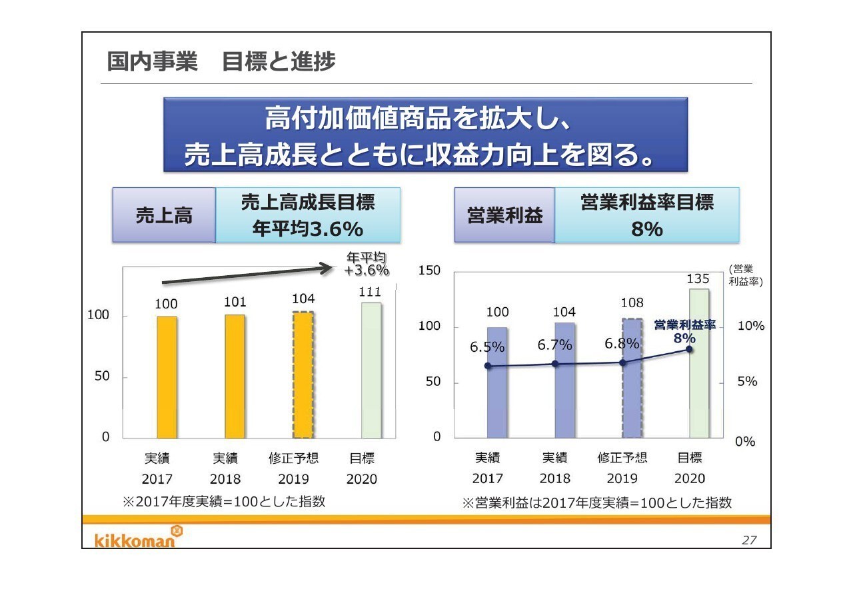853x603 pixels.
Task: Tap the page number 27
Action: pos(749,540)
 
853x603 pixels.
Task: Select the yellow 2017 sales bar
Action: pos(167,377)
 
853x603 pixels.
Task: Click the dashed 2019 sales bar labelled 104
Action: pos(303,374)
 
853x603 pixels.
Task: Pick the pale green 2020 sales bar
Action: pos(371,370)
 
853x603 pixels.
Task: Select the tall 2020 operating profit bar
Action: pos(699,363)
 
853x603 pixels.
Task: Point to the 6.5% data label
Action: pos(487,347)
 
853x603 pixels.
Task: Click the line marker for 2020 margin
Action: pos(690,349)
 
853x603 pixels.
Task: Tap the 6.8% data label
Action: pos(622,344)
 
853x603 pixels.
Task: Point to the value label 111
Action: pos(370,292)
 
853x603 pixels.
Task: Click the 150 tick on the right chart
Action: pos(429,271)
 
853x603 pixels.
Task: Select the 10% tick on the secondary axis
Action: pos(751,326)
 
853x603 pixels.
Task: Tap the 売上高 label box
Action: pos(164,215)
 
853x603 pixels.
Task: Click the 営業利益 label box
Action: pos(504,215)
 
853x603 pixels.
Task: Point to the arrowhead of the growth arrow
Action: pos(327,268)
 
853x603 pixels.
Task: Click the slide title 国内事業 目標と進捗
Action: pos(221,62)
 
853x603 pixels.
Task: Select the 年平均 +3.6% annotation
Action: pos(367,265)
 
